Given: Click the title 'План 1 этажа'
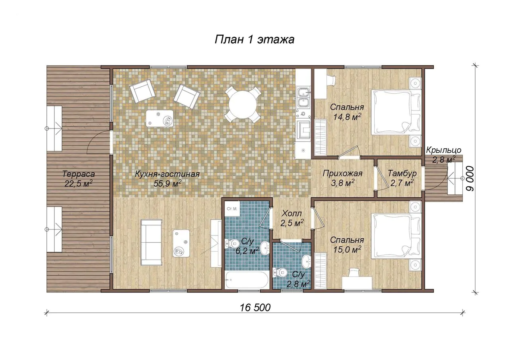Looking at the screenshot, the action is click(254, 39).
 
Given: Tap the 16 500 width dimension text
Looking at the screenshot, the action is click(255, 308).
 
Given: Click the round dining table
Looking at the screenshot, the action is click(243, 105).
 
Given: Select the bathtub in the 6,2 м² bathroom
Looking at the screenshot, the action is click(247, 280).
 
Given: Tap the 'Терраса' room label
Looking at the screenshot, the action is click(78, 174).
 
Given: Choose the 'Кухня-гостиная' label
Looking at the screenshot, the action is click(167, 174).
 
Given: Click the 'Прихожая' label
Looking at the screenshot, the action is click(342, 174).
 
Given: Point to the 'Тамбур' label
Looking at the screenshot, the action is click(402, 173).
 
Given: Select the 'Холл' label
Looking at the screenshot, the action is click(291, 213).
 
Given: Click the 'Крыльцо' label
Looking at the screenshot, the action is click(443, 150).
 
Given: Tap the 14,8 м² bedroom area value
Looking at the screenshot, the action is click(347, 117).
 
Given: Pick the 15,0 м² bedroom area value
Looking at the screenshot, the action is click(347, 250).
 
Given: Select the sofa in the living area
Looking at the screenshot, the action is click(152, 242).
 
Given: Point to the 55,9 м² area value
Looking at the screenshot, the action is click(167, 183).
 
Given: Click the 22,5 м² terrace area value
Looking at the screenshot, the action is click(78, 183).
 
